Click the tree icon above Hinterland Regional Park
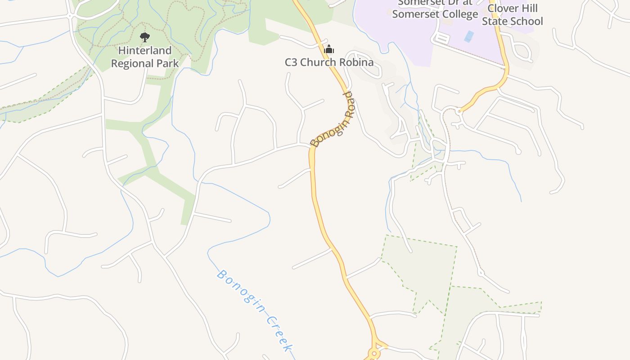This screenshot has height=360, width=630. point(144,37)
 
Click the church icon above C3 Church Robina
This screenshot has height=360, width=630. point(329,49)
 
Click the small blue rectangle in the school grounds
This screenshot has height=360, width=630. point(469,36)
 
